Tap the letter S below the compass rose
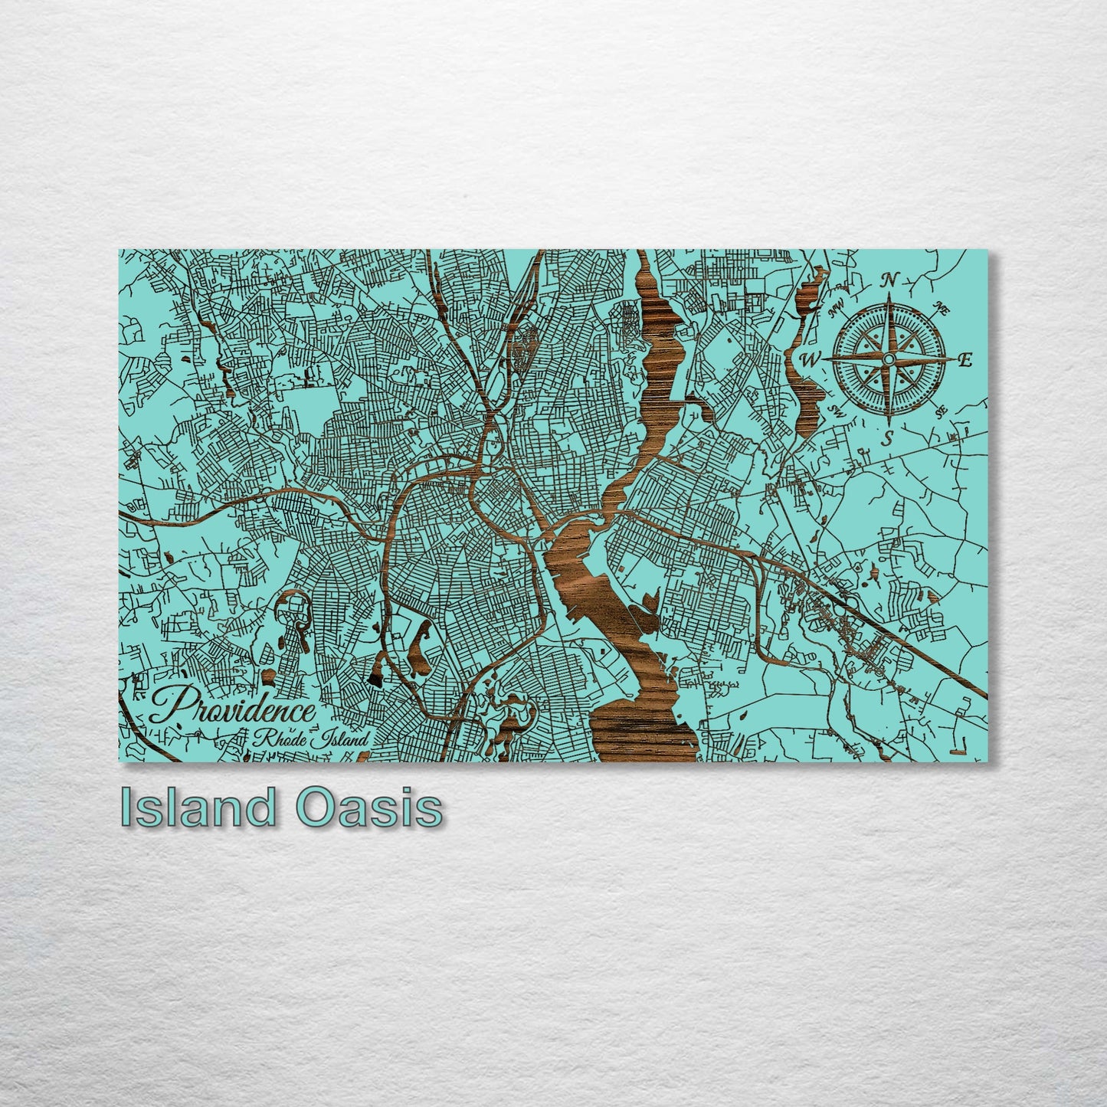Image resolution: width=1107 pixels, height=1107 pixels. [888, 438]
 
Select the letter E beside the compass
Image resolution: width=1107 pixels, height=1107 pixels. [965, 359]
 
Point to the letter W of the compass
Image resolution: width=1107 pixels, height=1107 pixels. [811, 359]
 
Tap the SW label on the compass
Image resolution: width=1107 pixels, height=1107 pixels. [836, 411]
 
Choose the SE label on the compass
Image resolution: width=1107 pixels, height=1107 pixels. [941, 411]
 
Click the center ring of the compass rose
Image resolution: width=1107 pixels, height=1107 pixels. [889, 359]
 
